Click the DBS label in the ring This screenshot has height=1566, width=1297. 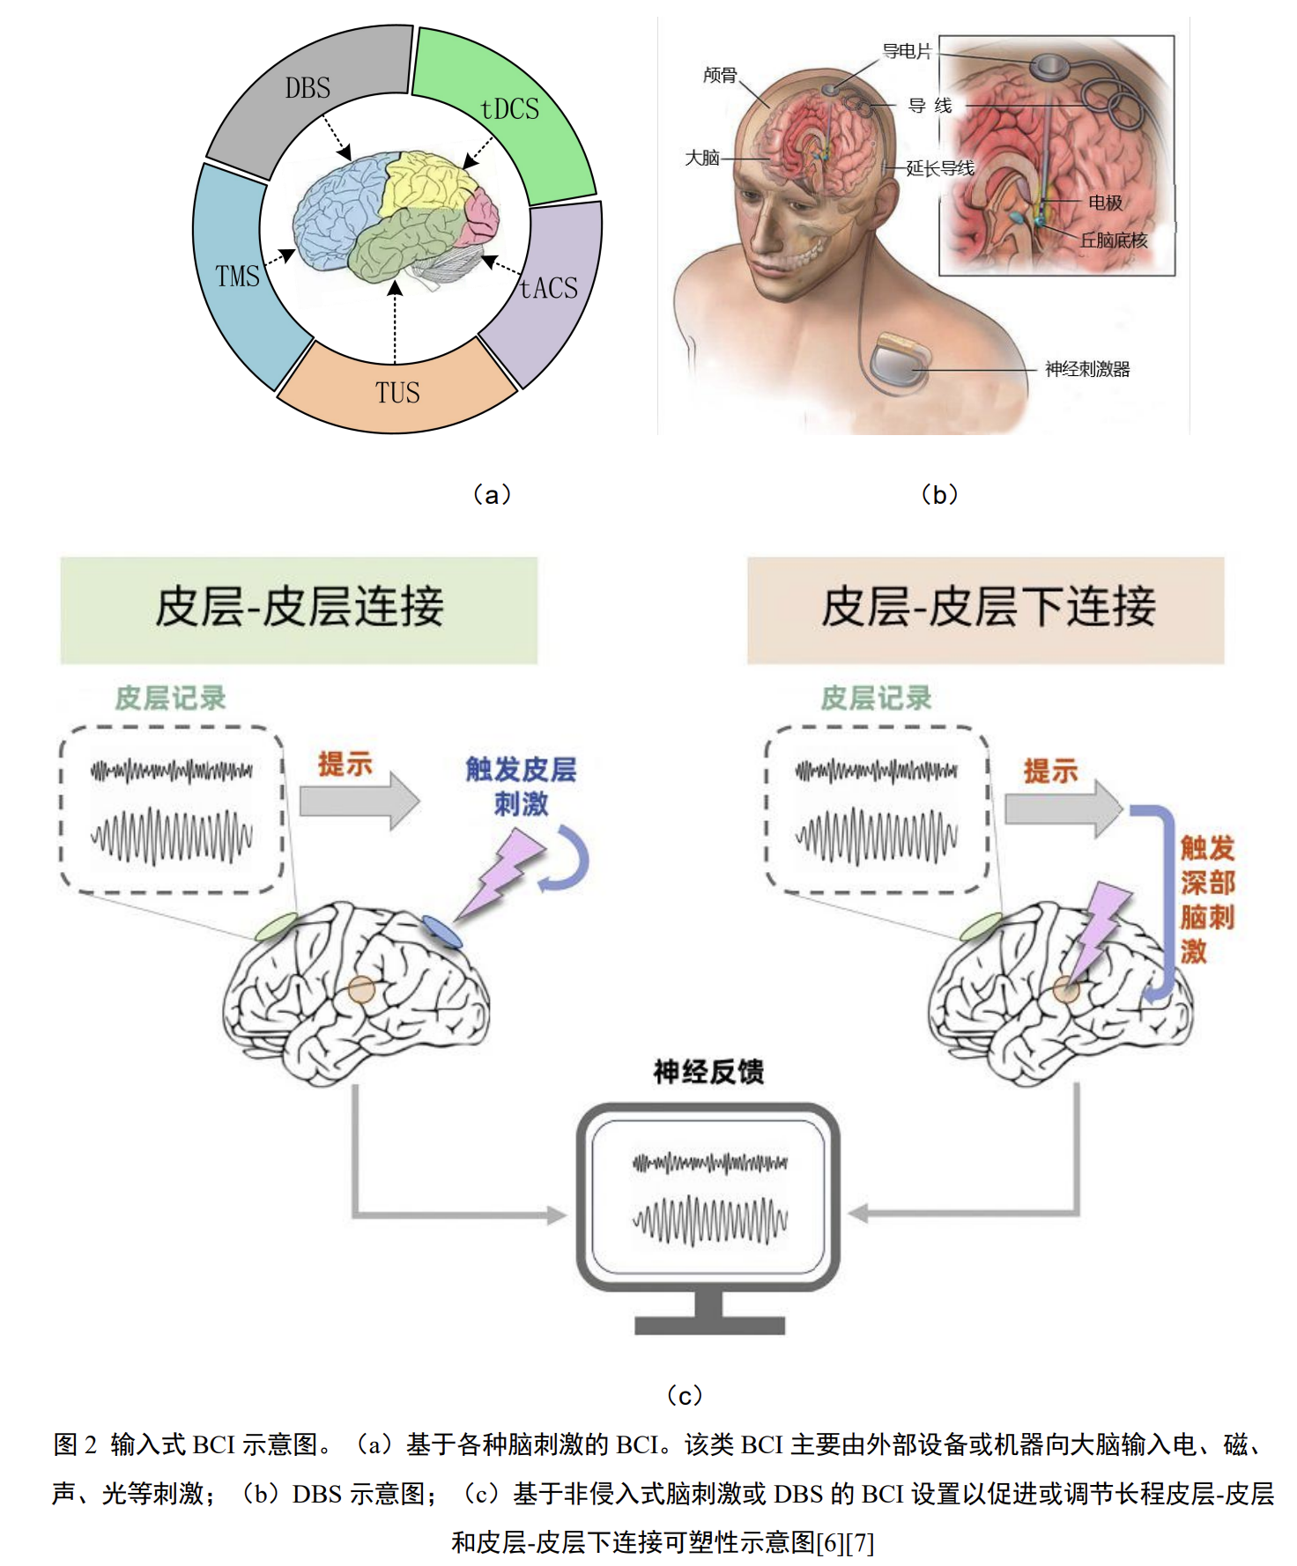click(x=308, y=88)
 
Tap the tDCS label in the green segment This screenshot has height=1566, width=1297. click(x=509, y=109)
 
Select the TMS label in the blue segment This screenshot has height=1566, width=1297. click(x=237, y=277)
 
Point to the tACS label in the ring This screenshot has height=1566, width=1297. click(x=548, y=288)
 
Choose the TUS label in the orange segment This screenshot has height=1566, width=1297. click(x=397, y=393)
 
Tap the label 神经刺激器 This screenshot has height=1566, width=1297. click(x=1087, y=369)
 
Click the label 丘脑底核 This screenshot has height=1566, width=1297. click(x=1114, y=240)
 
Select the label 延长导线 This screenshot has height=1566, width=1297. click(x=940, y=168)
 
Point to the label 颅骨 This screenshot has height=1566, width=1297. click(x=720, y=76)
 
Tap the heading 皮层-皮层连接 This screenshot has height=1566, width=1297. click(x=300, y=608)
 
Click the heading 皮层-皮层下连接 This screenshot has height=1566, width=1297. click(x=988, y=608)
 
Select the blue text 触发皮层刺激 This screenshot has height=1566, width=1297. click(x=521, y=786)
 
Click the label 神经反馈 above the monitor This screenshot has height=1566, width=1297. click(x=708, y=1072)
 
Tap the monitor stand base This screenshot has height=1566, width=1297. click(x=709, y=1325)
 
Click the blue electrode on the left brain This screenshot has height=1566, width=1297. click(x=441, y=931)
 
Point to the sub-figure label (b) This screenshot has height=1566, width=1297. click(x=939, y=494)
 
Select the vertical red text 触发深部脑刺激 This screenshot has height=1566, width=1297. click(x=1206, y=899)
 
